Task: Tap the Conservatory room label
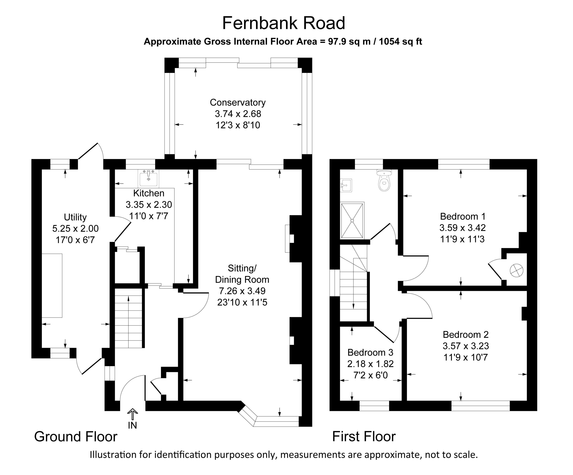point(238,102)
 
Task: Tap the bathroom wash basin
point(346,185)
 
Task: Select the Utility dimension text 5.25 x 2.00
point(76,228)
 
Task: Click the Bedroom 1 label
point(463,217)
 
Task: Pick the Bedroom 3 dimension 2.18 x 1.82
point(370,364)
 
